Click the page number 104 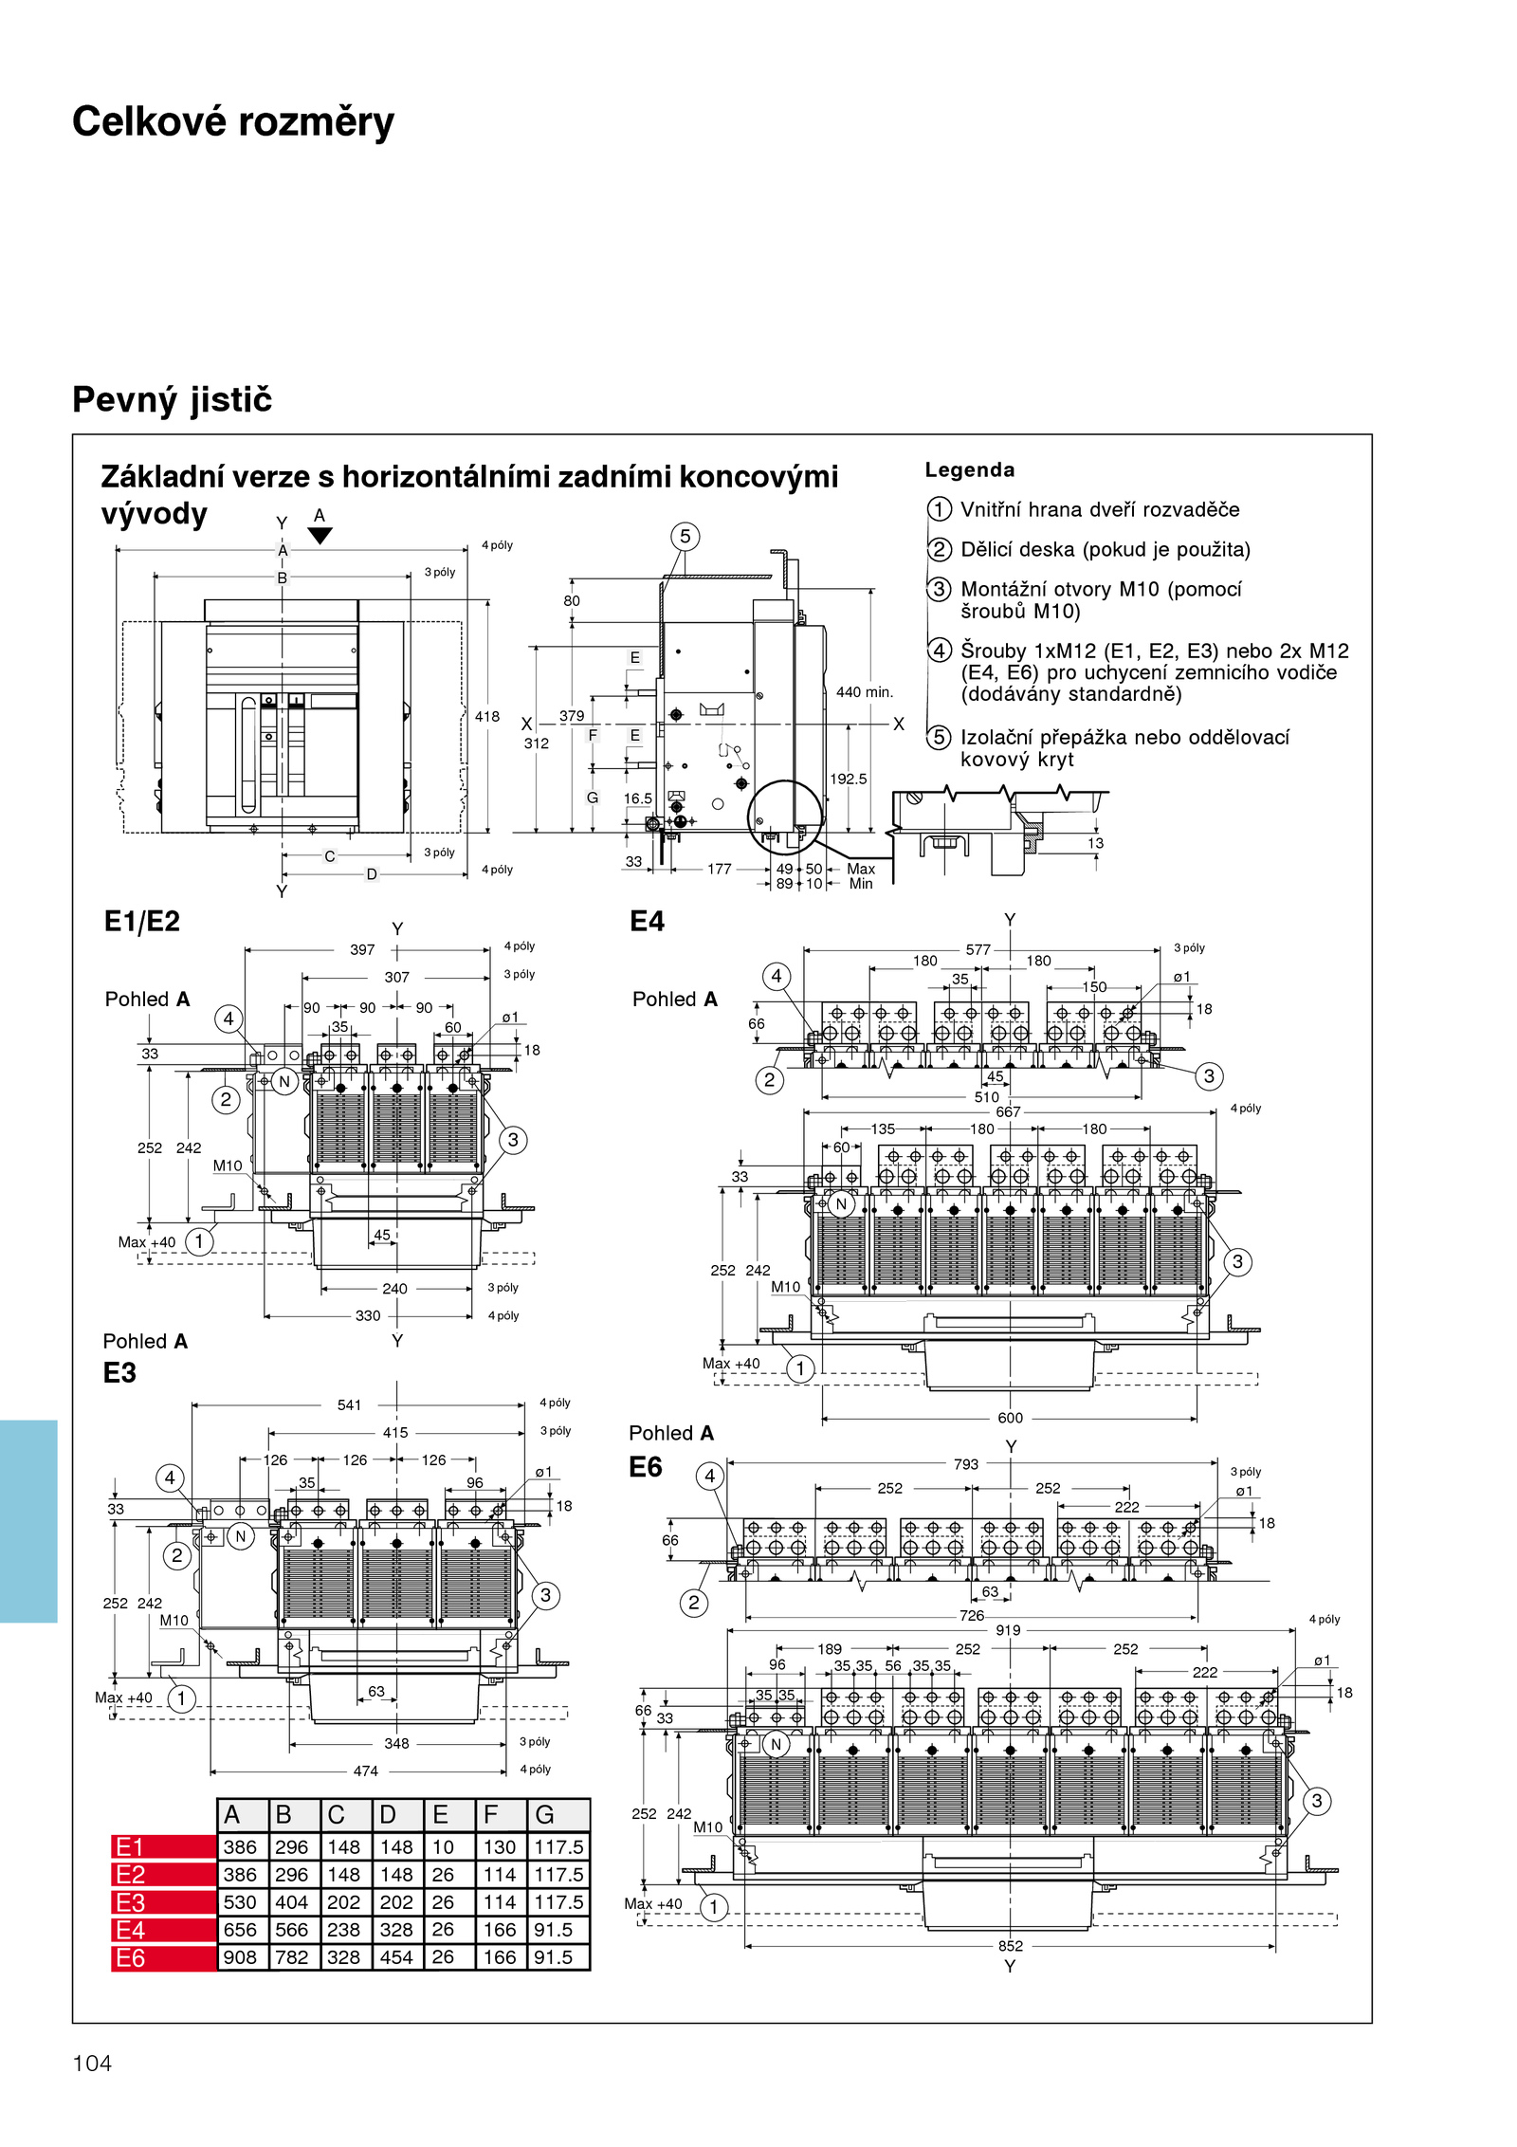92,2063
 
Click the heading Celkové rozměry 233,122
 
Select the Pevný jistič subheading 173,399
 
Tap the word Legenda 969,469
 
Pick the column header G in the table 545,1814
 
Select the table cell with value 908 240,1956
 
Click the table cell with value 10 443,1847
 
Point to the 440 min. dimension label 864,692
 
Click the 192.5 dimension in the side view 849,779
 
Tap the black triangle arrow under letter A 320,536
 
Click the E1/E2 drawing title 142,922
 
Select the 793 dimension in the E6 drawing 966,1464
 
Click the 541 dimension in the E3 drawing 350,1405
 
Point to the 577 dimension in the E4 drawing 978,949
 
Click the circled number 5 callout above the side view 685,537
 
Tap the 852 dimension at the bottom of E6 1011,1946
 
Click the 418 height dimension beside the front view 487,717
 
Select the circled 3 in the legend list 939,589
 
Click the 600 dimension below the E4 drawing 1011,1418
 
